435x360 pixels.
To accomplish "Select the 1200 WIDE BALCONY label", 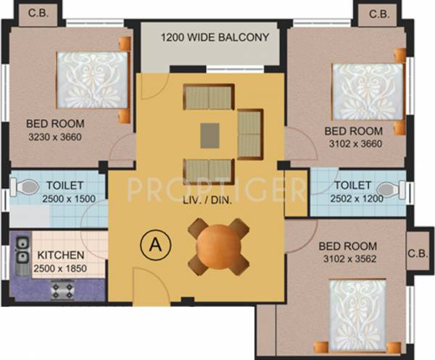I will [215, 37].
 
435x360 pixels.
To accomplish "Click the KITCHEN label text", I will [62, 256].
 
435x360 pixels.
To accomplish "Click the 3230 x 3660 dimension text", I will [55, 136].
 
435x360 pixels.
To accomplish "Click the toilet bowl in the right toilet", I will [407, 191].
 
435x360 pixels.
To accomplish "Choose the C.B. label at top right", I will [378, 14].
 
